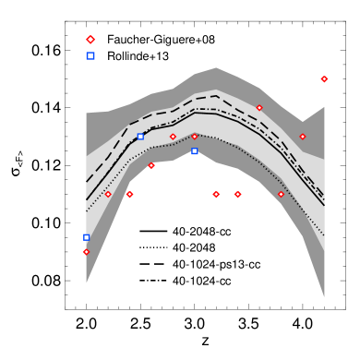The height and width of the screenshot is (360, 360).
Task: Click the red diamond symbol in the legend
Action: pyautogui.click(x=90, y=40)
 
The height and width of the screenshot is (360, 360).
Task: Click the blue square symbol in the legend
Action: pyautogui.click(x=90, y=56)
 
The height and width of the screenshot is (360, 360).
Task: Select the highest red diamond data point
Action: pyautogui.click(x=324, y=79)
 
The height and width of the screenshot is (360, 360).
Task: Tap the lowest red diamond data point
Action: pyautogui.click(x=86, y=252)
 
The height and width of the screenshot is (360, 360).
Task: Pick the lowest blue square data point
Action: pyautogui.click(x=86, y=237)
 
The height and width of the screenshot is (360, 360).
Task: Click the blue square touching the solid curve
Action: pyautogui.click(x=140, y=137)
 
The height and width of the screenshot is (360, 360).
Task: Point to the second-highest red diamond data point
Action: pyautogui.click(x=259, y=108)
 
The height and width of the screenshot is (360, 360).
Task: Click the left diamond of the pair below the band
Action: pyautogui.click(x=216, y=195)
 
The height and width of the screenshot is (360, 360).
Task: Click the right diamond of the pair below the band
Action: pyautogui.click(x=237, y=195)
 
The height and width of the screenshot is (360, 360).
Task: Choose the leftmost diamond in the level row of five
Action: pyautogui.click(x=108, y=195)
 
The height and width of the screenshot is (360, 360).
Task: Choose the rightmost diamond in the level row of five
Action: pyautogui.click(x=281, y=195)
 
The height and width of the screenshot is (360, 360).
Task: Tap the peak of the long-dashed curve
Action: pyautogui.click(x=216, y=95)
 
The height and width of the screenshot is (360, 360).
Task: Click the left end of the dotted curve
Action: pyautogui.click(x=86, y=211)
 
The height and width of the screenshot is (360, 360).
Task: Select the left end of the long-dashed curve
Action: pyautogui.click(x=86, y=182)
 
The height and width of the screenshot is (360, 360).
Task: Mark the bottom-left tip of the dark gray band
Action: pyautogui.click(x=86, y=282)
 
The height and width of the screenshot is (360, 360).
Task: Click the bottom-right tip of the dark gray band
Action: pyautogui.click(x=324, y=296)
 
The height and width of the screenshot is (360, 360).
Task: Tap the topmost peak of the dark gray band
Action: pyautogui.click(x=216, y=67)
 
